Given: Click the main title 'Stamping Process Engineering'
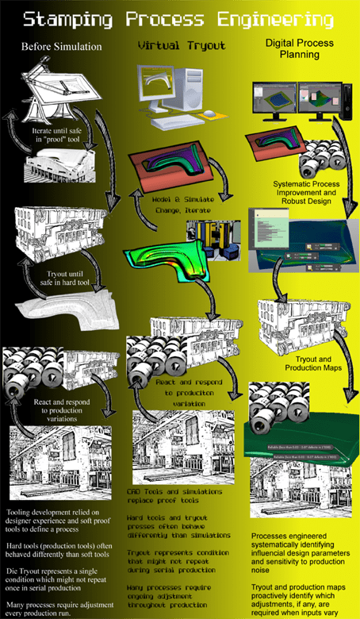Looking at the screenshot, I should [x=180, y=17].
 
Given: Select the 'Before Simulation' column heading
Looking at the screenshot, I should [x=61, y=46].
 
